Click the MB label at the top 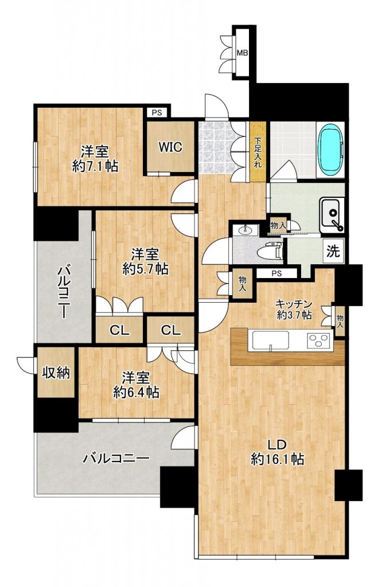coord(243,53)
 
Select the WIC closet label coord(170,147)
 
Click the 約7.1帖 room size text coord(95,167)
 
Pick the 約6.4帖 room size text coord(135,393)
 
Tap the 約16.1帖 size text coord(277,459)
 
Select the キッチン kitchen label coord(293,304)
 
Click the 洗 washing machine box coord(333,252)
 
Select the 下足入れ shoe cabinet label coord(258,152)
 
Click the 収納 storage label coord(56,373)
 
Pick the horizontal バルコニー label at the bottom coord(116,458)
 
